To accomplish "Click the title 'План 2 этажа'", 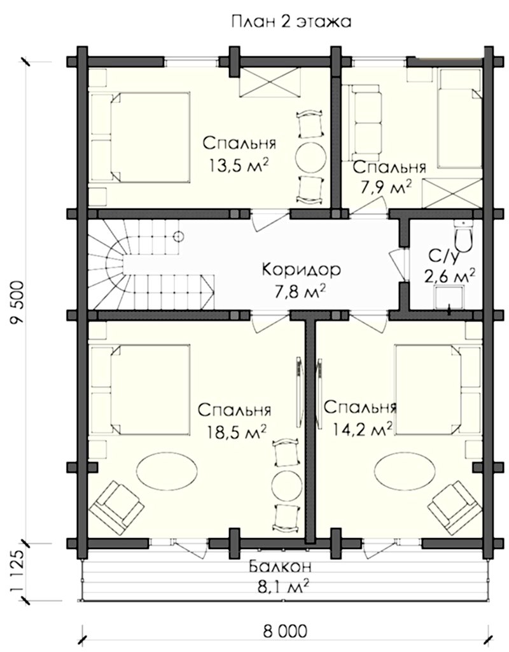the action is (291, 21).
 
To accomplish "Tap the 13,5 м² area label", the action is (239, 166).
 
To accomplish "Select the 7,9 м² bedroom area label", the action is (386, 187).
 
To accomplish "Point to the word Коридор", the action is (302, 270).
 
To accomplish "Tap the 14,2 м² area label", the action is (363, 428).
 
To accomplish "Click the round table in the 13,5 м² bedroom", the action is (310, 156).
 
